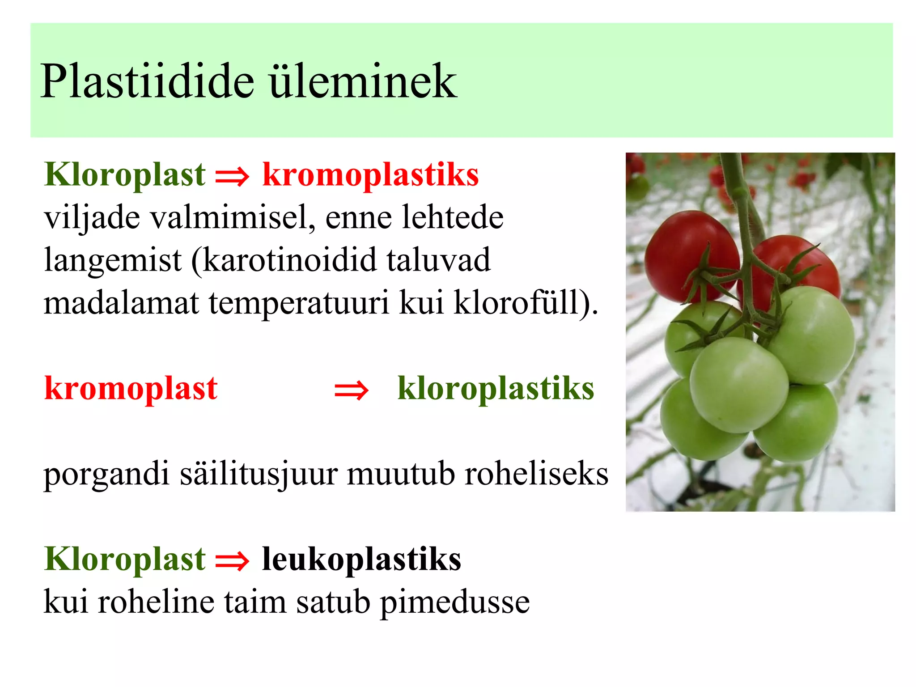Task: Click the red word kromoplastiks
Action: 370,174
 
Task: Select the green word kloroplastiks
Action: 496,388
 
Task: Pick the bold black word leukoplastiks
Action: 361,559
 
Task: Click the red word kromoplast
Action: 131,388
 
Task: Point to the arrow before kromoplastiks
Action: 232,176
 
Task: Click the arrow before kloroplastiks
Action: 352,390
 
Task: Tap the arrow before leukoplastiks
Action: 232,561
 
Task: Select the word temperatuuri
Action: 299,303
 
